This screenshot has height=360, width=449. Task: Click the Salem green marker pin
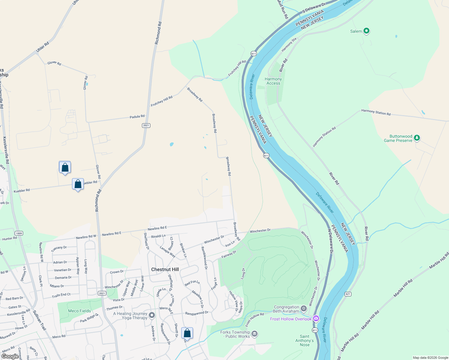point(366,31)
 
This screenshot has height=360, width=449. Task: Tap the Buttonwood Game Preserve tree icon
point(417,138)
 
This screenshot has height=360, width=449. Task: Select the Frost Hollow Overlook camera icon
point(316,318)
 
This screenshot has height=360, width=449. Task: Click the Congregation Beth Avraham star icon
point(304,308)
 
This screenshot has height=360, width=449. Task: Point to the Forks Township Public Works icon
point(255,334)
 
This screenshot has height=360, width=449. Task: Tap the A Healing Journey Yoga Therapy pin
point(152,315)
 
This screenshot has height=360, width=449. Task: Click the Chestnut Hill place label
point(165,269)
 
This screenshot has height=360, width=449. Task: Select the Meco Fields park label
point(79,311)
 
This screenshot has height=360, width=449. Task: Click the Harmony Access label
point(273,81)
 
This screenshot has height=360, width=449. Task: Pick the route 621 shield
point(348,294)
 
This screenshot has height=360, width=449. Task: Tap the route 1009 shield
point(19,233)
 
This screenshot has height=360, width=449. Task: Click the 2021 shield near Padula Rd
point(146,125)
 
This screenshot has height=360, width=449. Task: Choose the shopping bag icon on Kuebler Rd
point(78,184)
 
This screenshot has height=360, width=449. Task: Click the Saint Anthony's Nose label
point(304,340)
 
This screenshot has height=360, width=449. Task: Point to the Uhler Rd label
point(42,47)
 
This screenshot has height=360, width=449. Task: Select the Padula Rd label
point(137,116)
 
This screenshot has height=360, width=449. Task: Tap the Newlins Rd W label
point(86,237)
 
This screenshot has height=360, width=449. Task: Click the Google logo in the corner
point(10,356)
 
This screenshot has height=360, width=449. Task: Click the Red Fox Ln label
point(192,283)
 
